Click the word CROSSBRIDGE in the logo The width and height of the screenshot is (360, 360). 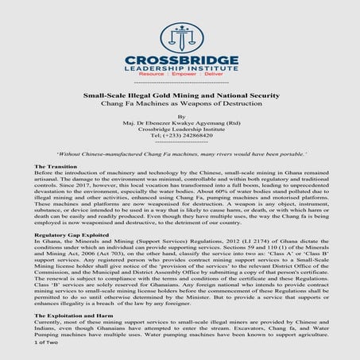(180, 61)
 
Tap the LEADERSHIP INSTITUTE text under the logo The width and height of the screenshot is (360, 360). (180, 72)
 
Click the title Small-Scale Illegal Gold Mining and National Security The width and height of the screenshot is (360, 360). (180, 95)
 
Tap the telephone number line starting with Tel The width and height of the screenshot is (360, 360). (180, 135)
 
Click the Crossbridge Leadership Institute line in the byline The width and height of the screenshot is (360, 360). (180, 129)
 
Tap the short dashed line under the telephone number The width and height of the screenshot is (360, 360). (180, 141)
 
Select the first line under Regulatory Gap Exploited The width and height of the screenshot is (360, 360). (180, 242)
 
